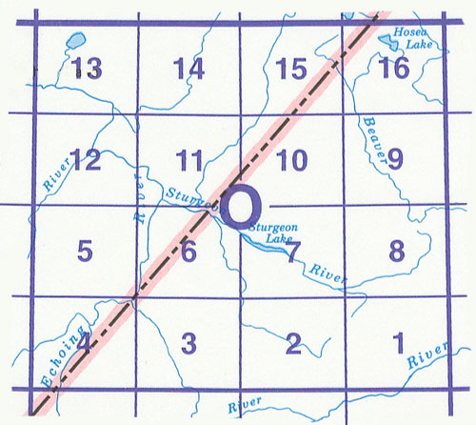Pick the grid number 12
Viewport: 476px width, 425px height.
(85, 159)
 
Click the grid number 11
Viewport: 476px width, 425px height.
(190, 159)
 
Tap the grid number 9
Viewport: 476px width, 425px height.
(394, 159)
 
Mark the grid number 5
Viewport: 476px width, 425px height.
(85, 252)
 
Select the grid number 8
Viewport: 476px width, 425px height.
(398, 252)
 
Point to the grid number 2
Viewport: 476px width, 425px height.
(293, 341)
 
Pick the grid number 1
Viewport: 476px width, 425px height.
(398, 341)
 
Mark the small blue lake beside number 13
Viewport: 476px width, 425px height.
(72, 43)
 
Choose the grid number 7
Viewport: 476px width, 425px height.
(293, 252)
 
